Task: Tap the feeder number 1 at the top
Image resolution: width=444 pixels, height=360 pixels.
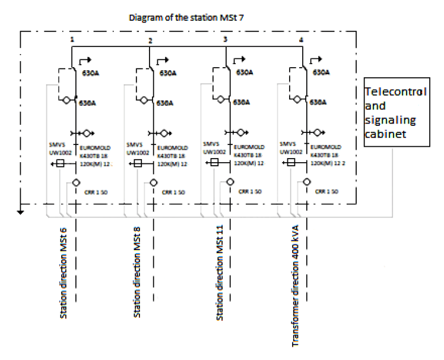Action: pos(72,39)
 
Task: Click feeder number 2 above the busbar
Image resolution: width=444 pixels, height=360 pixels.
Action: pos(150,41)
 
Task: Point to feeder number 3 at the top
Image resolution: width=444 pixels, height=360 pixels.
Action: pos(226,39)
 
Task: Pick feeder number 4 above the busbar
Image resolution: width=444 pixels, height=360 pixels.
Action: pos(302,39)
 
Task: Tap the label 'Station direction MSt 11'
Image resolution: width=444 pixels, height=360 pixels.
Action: pos(220,277)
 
